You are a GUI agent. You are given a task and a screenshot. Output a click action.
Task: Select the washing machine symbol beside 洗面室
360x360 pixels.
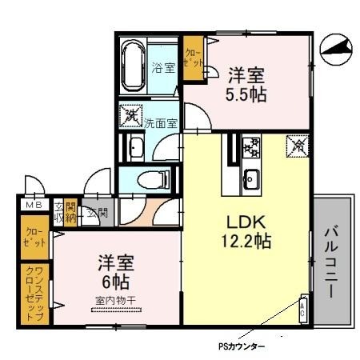click(x=130, y=115)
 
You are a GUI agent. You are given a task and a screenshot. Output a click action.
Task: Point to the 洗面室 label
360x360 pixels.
click(x=161, y=123)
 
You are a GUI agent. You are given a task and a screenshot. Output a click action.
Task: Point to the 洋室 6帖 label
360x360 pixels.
click(x=116, y=271)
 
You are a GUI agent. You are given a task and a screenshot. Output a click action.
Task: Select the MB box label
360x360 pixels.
click(x=33, y=206)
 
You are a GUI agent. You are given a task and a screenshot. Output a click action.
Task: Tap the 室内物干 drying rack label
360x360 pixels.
click(x=117, y=300)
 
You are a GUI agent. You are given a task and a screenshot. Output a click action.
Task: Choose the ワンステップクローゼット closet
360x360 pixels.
click(x=34, y=294)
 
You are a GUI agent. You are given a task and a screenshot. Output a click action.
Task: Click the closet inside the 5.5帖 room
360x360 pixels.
click(x=193, y=58)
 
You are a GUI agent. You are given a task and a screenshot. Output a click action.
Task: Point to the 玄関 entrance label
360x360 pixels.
click(x=98, y=213)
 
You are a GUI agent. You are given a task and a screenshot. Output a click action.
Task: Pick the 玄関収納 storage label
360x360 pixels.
click(x=66, y=212)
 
